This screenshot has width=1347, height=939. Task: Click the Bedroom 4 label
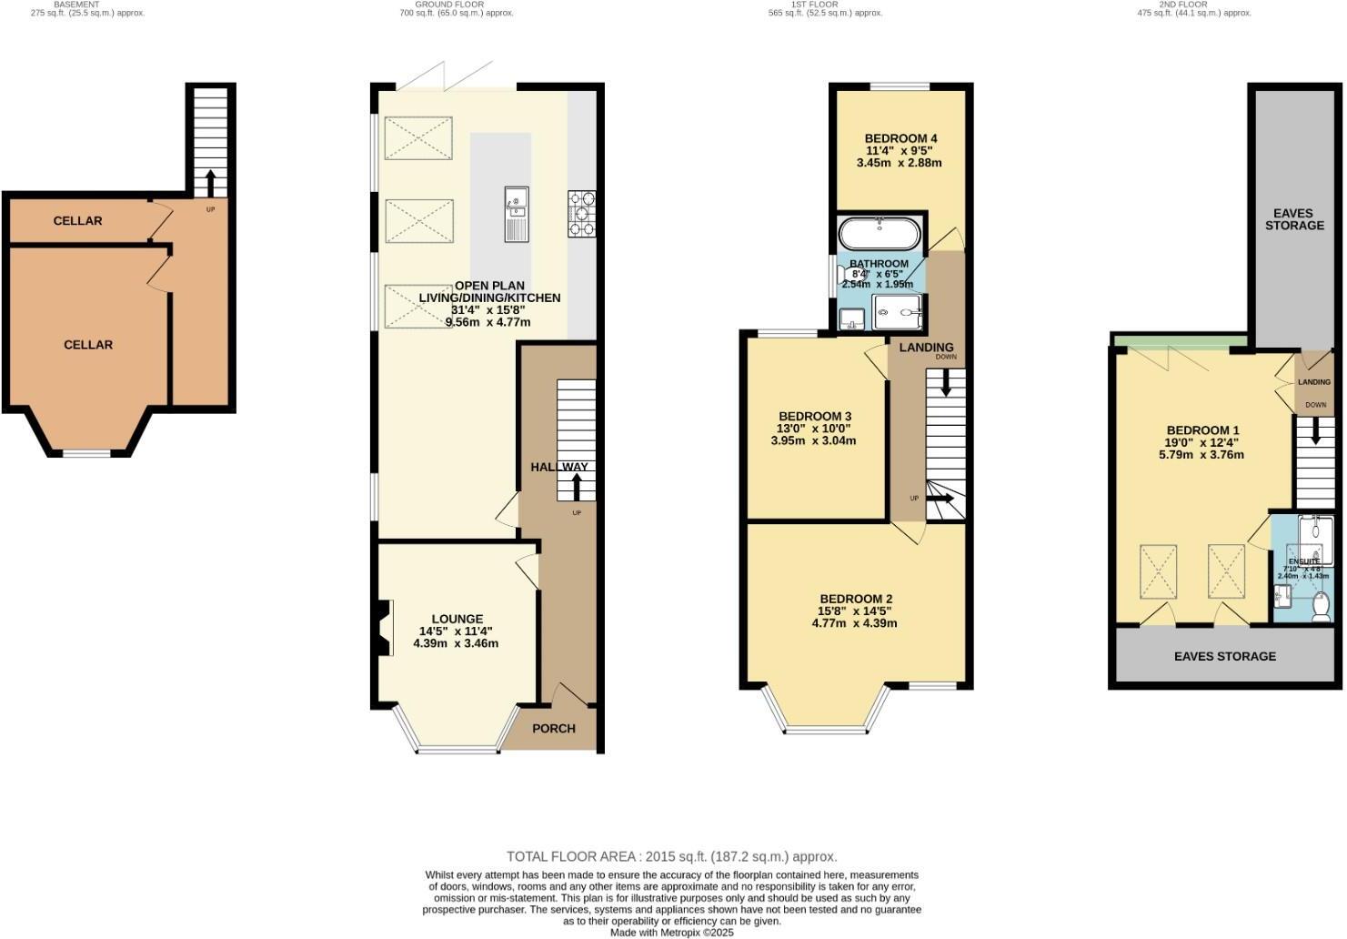point(900,138)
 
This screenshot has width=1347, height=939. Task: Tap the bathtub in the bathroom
point(879,234)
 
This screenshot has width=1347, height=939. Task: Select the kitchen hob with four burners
point(582,213)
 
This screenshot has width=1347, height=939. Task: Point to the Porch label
point(553,728)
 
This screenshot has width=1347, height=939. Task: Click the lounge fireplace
point(381,628)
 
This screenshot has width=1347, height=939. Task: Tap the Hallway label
point(558,467)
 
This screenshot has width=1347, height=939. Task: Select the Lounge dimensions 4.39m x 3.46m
point(456,643)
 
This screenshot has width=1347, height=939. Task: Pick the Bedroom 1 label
point(1202,430)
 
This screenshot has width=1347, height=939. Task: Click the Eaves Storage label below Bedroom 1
point(1224,656)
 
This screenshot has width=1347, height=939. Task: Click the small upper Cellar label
point(77,221)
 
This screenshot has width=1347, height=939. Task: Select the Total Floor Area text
point(671,856)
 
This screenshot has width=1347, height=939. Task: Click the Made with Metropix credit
point(671,933)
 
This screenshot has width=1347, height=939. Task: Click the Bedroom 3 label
point(813,416)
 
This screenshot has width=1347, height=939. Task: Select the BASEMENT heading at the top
point(76,5)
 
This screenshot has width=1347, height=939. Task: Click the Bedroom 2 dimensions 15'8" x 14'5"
point(854,611)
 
